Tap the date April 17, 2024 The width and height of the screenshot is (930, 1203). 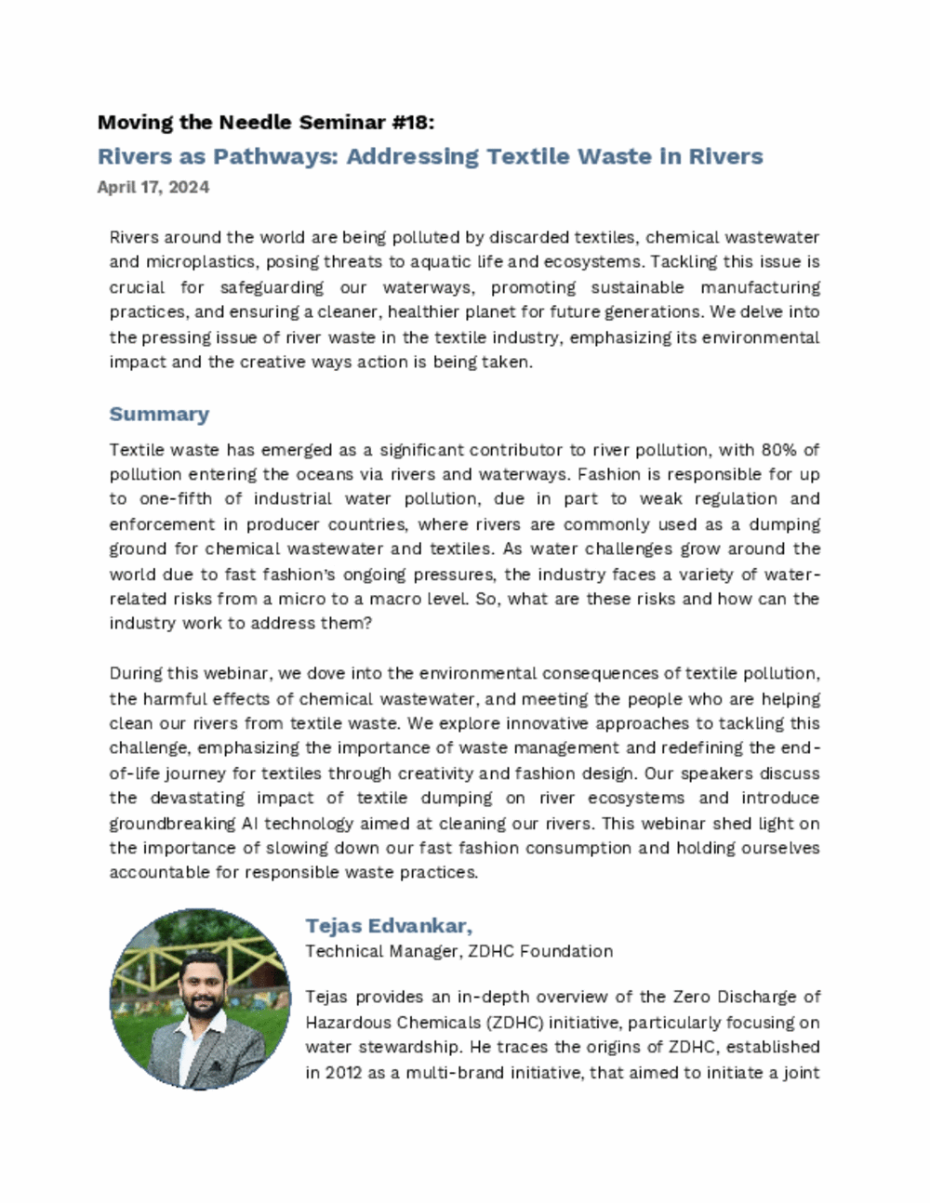[x=153, y=187]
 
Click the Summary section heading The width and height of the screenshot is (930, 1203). [x=159, y=414]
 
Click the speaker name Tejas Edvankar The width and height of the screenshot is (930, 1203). [x=389, y=926]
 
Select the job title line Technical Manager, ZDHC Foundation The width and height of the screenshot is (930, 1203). [x=459, y=951]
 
